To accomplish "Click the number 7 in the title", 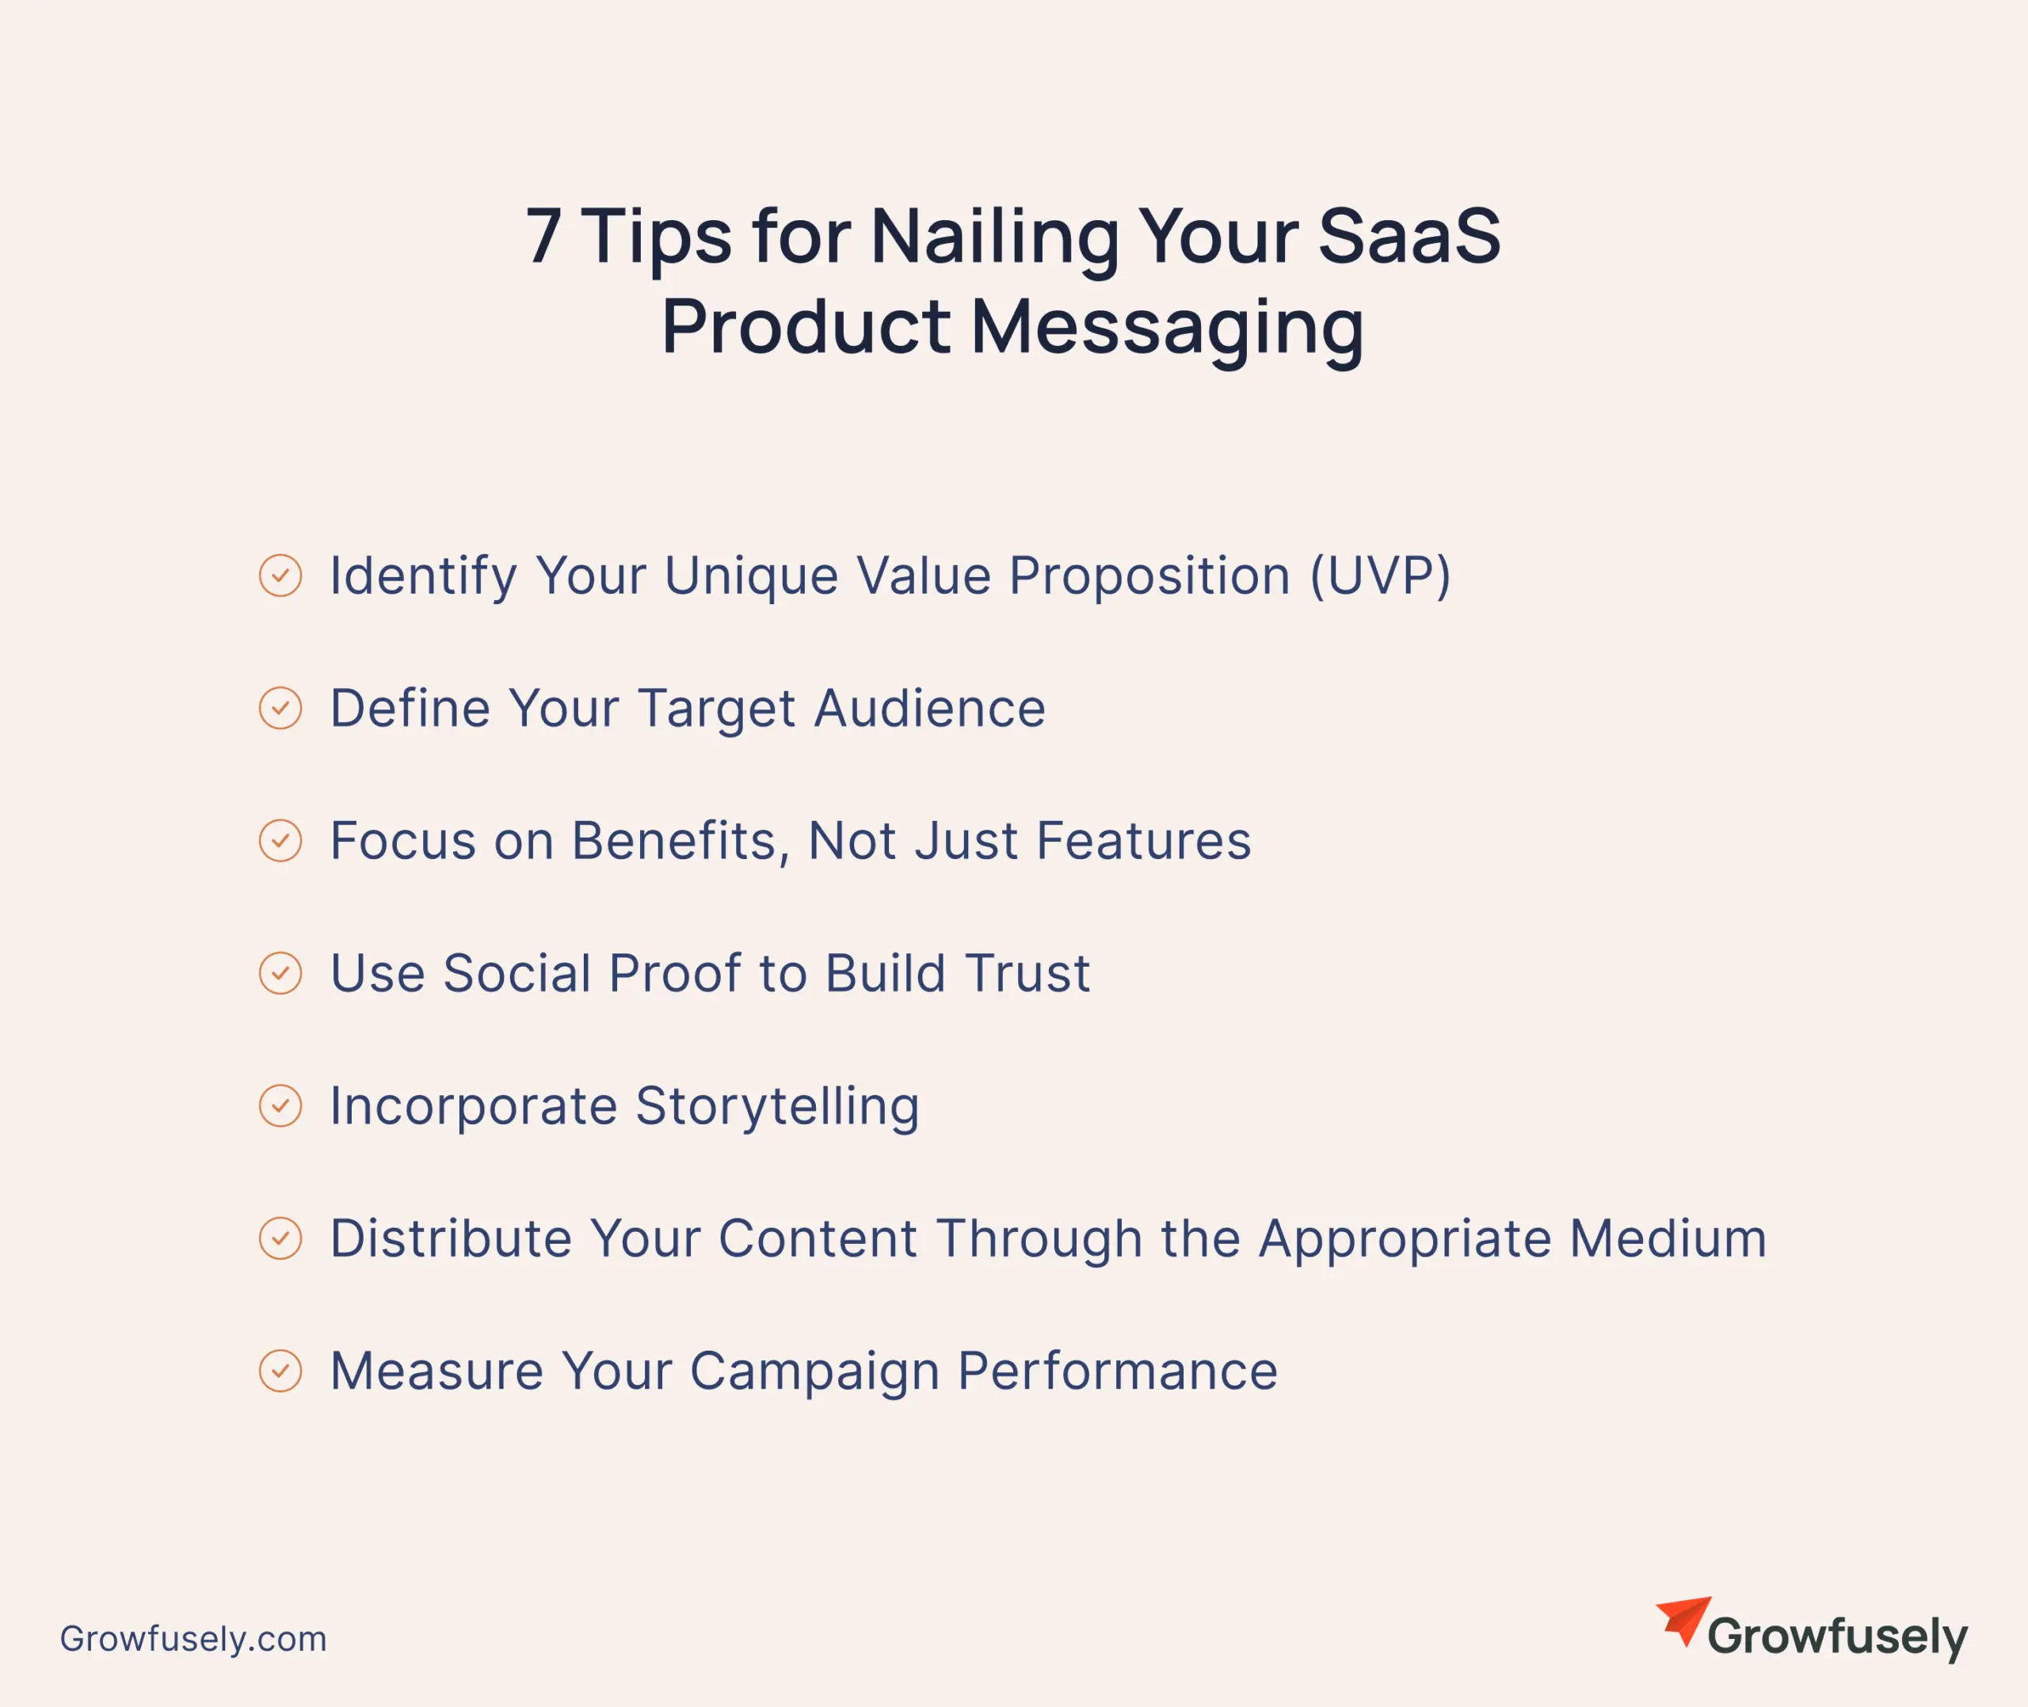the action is (543, 235).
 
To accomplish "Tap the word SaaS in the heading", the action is (1409, 235).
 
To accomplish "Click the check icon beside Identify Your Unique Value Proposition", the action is (280, 575).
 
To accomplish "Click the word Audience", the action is (929, 709).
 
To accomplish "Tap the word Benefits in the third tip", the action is (673, 841).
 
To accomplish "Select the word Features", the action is (1143, 841).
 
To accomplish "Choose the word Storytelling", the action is (777, 1107).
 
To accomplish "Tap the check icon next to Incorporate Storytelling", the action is (280, 1105).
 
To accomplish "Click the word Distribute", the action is (451, 1238).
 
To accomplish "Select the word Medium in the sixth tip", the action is (1668, 1238).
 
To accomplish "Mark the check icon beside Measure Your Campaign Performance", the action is (280, 1371).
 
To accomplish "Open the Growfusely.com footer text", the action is (193, 1638).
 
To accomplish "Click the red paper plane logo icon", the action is (1683, 1620).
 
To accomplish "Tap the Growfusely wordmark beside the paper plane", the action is (1837, 1637).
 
